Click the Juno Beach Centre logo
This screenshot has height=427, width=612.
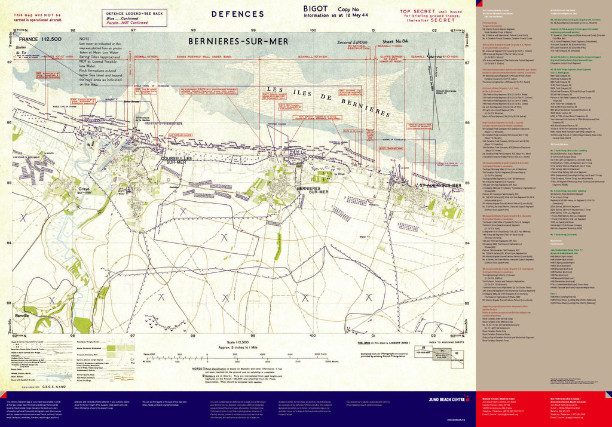444,397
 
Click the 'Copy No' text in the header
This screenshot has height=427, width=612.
348,10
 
